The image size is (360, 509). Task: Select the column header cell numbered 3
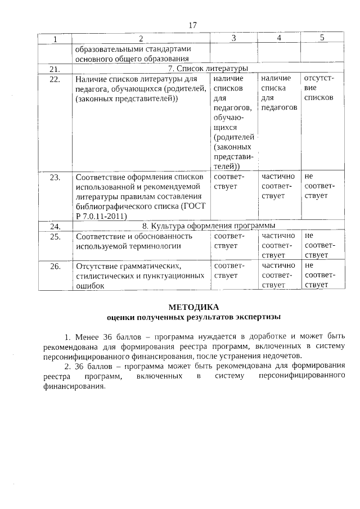coord(233,38)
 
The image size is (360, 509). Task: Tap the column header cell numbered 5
coord(322,38)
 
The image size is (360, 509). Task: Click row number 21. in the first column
coord(55,69)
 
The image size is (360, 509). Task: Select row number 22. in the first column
coord(55,79)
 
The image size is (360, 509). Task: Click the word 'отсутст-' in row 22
coord(319,79)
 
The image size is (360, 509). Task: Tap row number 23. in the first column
coord(55,177)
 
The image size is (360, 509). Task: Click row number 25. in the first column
coord(55,236)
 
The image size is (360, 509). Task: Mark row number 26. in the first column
coord(55,266)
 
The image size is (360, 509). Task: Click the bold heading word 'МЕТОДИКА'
coord(192,307)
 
